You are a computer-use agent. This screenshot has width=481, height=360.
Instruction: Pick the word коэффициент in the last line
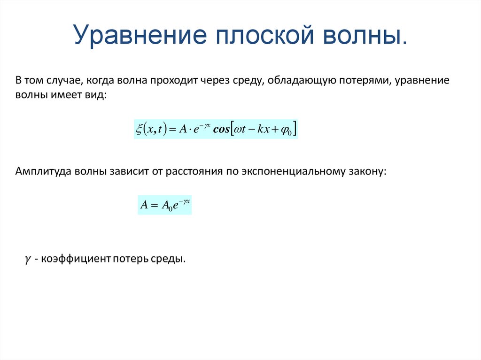(x=75, y=259)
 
